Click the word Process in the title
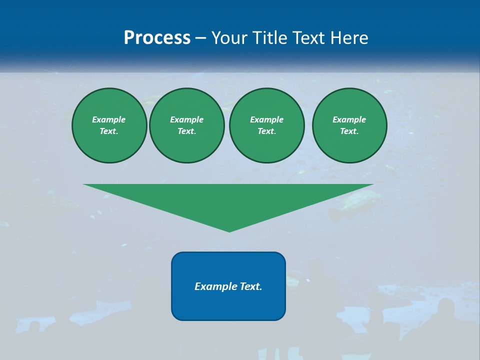pos(157,38)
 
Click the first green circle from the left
pos(109,125)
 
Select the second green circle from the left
pos(187,125)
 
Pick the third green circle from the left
pos(267,125)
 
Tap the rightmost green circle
pos(349,125)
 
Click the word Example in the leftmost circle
pos(109,119)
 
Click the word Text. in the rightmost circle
pos(349,131)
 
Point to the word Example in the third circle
pos(266,119)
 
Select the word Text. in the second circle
pos(187,131)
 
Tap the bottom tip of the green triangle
pos(229,230)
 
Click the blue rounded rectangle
pos(228,305)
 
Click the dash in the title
pos(200,38)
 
